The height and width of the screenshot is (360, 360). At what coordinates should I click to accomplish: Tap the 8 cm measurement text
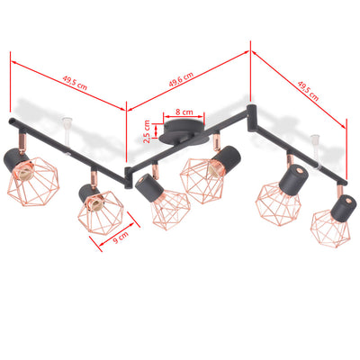(x=184, y=112)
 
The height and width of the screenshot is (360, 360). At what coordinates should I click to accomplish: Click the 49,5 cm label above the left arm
(x=75, y=80)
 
